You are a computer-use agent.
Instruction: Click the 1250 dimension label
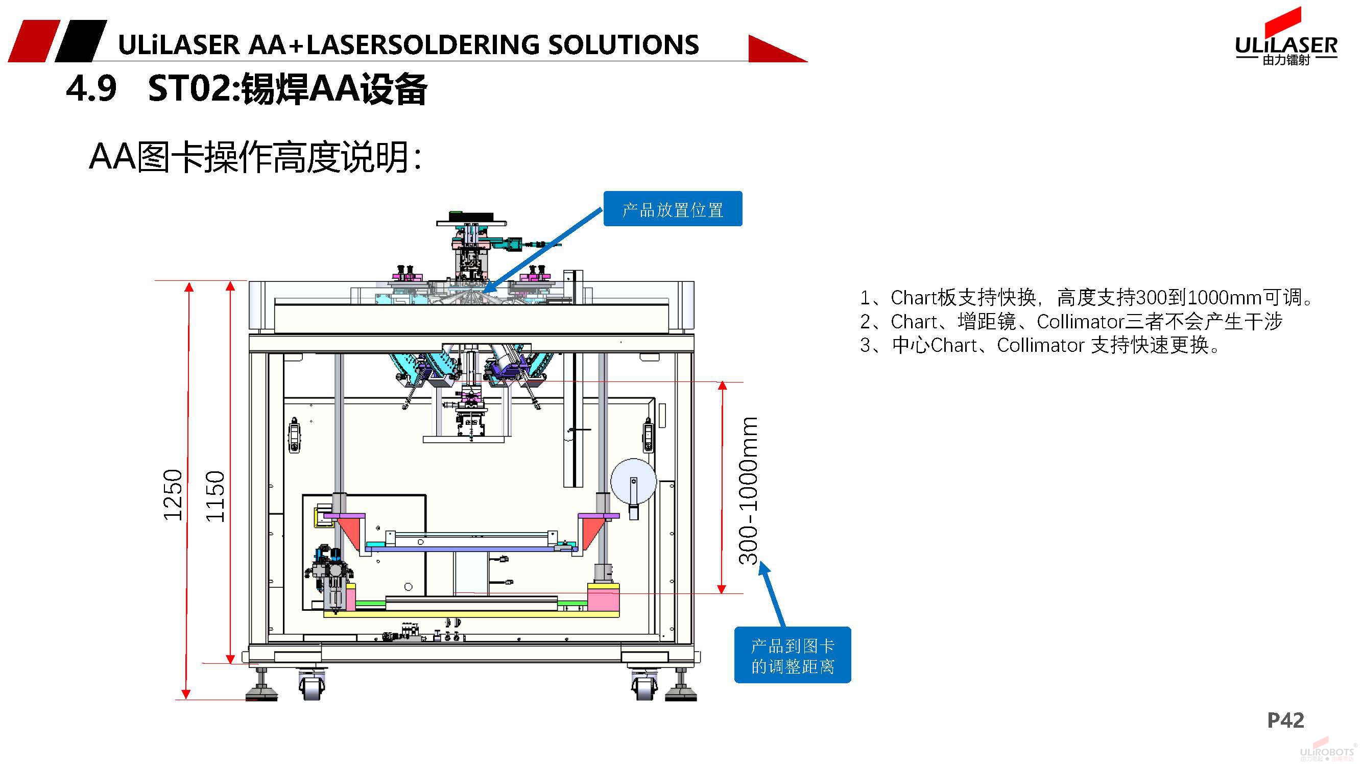pyautogui.click(x=173, y=495)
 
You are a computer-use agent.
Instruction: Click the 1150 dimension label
pyautogui.click(x=215, y=496)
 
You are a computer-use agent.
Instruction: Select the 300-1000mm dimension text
pyautogui.click(x=749, y=491)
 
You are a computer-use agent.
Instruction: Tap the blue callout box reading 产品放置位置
pyautogui.click(x=673, y=209)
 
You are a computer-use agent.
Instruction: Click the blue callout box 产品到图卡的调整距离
pyautogui.click(x=792, y=655)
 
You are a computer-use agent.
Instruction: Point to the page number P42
pyautogui.click(x=1285, y=720)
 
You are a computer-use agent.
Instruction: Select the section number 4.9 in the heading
pyautogui.click(x=91, y=88)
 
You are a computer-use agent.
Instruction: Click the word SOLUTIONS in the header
pyautogui.click(x=624, y=45)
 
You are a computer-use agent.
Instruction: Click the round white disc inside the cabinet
pyautogui.click(x=633, y=481)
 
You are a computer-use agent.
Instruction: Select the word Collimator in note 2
pyautogui.click(x=1080, y=321)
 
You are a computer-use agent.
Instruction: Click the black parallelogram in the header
pyautogui.click(x=81, y=41)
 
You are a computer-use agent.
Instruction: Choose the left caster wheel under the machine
pyautogui.click(x=312, y=686)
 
